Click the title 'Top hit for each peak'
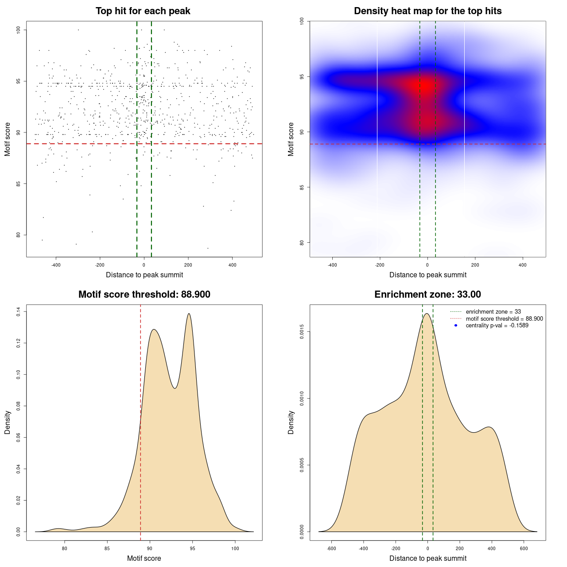pos(143,11)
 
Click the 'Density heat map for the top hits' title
pos(427,11)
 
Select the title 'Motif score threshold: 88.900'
pos(144,295)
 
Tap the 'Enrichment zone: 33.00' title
pos(427,295)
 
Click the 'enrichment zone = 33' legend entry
pos(493,312)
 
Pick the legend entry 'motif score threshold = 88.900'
pos(504,319)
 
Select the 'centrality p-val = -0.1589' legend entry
pos(497,326)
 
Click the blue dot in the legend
pos(456,326)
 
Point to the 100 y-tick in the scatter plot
pos(19,30)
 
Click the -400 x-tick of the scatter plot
pos(56,265)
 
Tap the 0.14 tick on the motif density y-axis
pos(19,312)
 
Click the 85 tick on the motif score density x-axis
pos(107,548)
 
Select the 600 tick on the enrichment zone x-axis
pos(524,548)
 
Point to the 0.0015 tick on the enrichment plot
pos(302,332)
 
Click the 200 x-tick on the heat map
pos(475,265)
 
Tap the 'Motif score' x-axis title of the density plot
pos(144,559)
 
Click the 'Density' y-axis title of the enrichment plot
pos(291,422)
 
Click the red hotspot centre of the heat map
pos(426,86)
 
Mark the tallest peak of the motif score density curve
pos(189,314)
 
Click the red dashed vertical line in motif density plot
pos(140,421)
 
